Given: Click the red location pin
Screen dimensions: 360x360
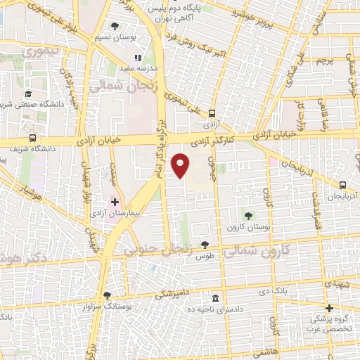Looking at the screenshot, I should pyautogui.click(x=181, y=165).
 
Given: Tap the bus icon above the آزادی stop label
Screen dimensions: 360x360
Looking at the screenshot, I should pyautogui.click(x=212, y=110).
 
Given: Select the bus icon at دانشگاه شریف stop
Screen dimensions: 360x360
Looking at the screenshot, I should pyautogui.click(x=32, y=138).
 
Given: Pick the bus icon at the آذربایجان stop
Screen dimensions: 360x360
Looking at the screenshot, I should pyautogui.click(x=342, y=186).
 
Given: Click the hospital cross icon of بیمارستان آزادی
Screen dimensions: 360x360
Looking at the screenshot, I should pyautogui.click(x=115, y=202).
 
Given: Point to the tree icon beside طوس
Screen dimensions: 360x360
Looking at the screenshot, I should pyautogui.click(x=205, y=244).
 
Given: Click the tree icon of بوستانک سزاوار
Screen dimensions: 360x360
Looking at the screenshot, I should pyautogui.click(x=107, y=295).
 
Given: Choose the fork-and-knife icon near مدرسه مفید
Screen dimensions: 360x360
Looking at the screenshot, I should pyautogui.click(x=138, y=58).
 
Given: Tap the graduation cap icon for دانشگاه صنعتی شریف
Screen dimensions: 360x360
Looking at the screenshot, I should pyautogui.click(x=27, y=93).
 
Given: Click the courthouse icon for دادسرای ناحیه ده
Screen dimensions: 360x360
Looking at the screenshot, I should pyautogui.click(x=214, y=298).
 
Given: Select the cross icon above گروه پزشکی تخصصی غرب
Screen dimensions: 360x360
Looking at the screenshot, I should pyautogui.click(x=328, y=307).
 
